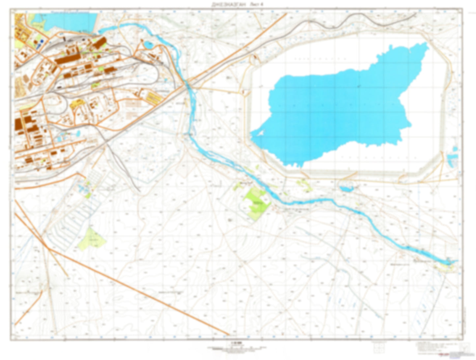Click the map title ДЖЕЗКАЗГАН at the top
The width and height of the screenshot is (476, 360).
pyautogui.click(x=229, y=4)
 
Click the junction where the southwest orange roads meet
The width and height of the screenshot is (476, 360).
pyautogui.click(x=48, y=247)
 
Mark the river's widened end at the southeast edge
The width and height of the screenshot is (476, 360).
pyautogui.click(x=448, y=262)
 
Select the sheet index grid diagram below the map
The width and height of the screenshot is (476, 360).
pyautogui.click(x=378, y=347)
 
